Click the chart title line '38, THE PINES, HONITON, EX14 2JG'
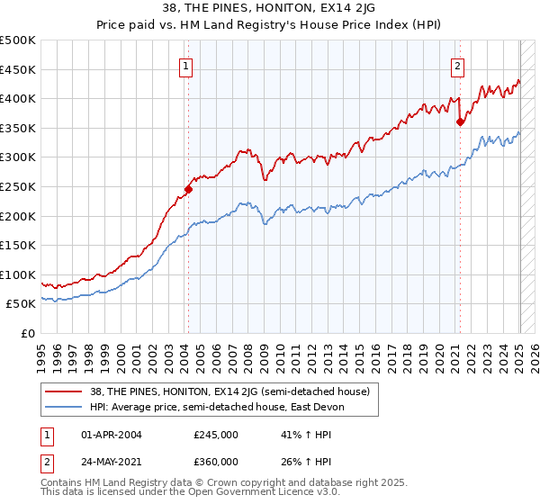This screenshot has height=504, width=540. pyautogui.click(x=269, y=9)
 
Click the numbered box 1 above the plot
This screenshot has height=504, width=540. pyautogui.click(x=184, y=65)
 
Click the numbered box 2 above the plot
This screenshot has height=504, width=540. pyautogui.click(x=457, y=65)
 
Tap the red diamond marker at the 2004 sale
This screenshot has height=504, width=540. pyautogui.click(x=188, y=189)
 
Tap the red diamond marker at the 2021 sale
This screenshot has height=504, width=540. pyautogui.click(x=460, y=121)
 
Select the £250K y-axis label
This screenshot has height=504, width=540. pyautogui.click(x=18, y=186)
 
